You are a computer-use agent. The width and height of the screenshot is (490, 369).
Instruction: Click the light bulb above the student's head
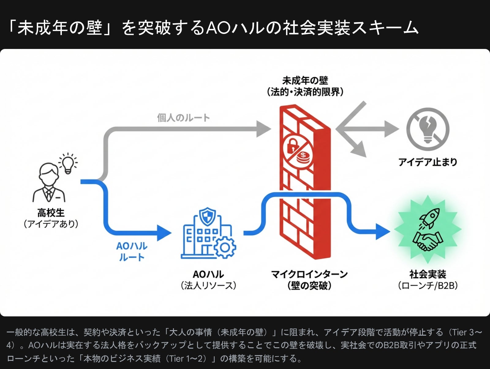coord(68,163)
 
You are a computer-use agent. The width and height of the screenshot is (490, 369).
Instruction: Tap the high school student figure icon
coord(49,183)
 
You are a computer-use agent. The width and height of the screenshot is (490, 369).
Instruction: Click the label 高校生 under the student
coord(51,213)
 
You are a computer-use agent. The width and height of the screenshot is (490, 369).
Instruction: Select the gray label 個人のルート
coord(183,118)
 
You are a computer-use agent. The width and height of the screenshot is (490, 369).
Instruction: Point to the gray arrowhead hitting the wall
coord(263,129)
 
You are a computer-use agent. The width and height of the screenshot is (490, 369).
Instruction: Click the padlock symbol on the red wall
coord(293,146)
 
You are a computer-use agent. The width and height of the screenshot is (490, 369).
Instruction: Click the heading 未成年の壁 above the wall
coord(305,81)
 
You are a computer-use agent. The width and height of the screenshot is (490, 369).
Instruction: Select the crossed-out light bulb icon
coord(428,129)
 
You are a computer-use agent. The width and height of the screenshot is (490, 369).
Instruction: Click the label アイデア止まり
coord(428,162)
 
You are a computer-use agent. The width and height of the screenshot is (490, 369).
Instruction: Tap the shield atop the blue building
coord(207,216)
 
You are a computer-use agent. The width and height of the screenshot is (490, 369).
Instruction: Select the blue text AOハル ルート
coord(132,252)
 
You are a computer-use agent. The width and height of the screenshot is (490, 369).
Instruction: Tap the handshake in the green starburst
coord(428,240)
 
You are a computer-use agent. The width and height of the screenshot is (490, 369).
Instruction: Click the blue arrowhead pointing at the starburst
coord(383,231)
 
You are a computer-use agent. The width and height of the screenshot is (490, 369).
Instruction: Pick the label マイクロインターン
coord(309,274)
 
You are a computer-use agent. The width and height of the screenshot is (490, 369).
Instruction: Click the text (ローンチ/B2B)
coord(428,286)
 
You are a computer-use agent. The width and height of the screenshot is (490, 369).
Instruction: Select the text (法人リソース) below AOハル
coord(208,286)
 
